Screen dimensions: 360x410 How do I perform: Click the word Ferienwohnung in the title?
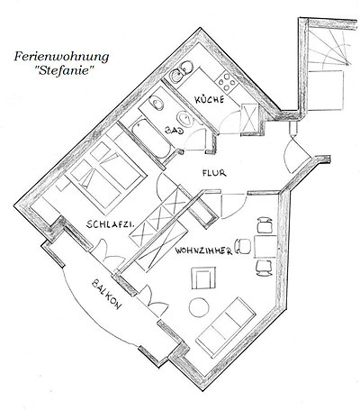pyautogui.click(x=61, y=57)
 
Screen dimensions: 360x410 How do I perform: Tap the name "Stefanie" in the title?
pyautogui.click(x=64, y=71)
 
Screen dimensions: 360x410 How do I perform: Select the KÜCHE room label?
pyautogui.click(x=210, y=99)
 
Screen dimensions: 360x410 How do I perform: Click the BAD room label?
pyautogui.click(x=175, y=131)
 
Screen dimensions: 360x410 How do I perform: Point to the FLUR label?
pyautogui.click(x=214, y=173)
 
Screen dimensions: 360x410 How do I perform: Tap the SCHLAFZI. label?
pyautogui.click(x=110, y=224)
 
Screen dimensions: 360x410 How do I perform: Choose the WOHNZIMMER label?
pyautogui.click(x=204, y=251)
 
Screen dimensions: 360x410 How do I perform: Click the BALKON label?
pyautogui.click(x=107, y=295)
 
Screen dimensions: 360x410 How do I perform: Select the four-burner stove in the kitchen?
pyautogui.click(x=227, y=81)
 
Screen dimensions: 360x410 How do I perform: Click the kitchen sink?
pyautogui.click(x=180, y=72)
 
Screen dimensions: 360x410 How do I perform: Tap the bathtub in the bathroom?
pyautogui.click(x=151, y=139)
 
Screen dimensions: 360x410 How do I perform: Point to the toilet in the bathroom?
pyautogui.click(x=157, y=103)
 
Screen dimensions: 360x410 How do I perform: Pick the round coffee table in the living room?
pyautogui.click(x=199, y=307)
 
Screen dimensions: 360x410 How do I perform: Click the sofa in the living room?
pyautogui.click(x=226, y=325)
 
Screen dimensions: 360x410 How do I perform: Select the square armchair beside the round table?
pyautogui.click(x=203, y=278)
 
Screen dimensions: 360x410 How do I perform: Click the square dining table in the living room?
pyautogui.click(x=265, y=247)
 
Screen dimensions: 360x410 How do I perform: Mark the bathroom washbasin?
pyautogui.click(x=184, y=118)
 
